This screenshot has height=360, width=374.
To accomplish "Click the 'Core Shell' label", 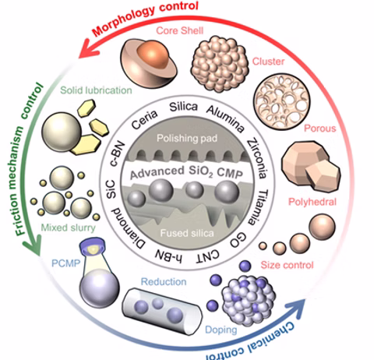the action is click(180, 30).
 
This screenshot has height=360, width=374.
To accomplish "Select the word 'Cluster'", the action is click(269, 62).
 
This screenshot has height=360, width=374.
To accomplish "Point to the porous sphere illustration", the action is click(282, 102).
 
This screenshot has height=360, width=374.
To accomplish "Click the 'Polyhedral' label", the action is click(312, 202).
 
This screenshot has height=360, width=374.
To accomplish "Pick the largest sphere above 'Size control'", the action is click(322, 227).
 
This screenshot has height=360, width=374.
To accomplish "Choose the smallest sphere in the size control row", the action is click(263, 245).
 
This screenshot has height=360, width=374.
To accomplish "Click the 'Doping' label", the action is click(221, 330).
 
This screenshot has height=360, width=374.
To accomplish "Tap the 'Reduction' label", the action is click(164, 282).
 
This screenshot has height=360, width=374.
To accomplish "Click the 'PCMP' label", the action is click(66, 263).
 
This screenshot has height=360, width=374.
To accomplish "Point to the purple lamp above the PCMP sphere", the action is click(93, 245).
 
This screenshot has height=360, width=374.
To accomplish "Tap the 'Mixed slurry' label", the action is click(69, 228).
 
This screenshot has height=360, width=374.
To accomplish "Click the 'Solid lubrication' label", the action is click(96, 90).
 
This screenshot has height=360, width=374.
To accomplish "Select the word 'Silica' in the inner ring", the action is click(183, 107).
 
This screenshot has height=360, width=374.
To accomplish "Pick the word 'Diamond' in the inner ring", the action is click(128, 228).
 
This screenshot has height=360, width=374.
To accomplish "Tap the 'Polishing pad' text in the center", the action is click(187, 138).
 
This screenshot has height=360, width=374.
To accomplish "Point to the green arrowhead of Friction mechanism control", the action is click(33, 245).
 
